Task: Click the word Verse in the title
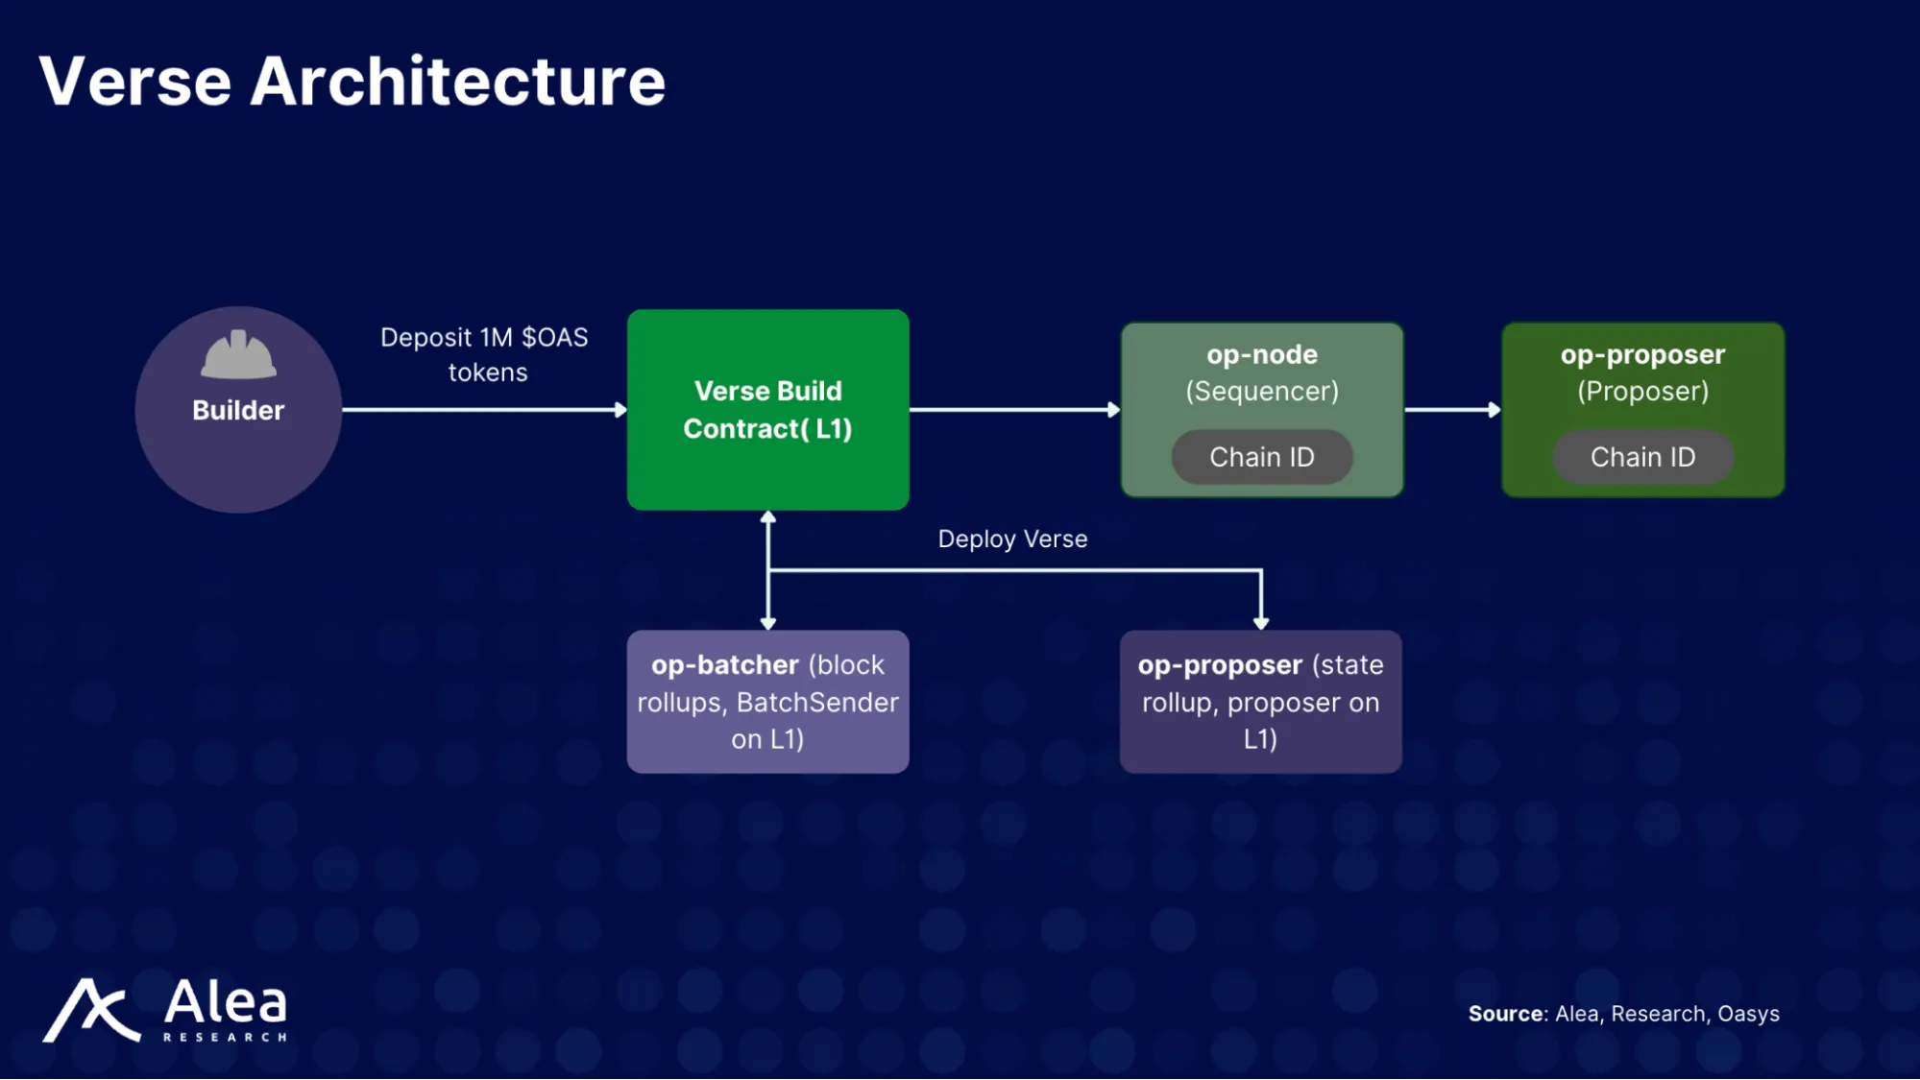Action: click(135, 82)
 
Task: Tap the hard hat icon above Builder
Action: click(238, 355)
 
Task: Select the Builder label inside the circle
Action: click(238, 411)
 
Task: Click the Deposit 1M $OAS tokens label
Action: click(485, 354)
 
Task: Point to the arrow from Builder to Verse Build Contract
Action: click(480, 410)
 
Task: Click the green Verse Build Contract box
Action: click(767, 410)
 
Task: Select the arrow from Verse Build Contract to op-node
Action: click(1013, 410)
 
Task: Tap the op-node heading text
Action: click(1261, 355)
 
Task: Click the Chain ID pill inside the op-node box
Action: click(1261, 457)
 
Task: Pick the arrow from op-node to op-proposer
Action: click(1451, 410)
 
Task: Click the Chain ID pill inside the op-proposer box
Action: click(1642, 457)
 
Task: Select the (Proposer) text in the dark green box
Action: click(1642, 392)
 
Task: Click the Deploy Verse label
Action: click(1012, 540)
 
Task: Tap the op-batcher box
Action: click(767, 702)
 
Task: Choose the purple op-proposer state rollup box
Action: click(1260, 702)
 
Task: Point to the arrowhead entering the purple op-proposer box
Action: click(1261, 623)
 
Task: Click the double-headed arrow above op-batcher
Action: click(767, 570)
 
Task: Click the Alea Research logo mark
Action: click(91, 1011)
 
